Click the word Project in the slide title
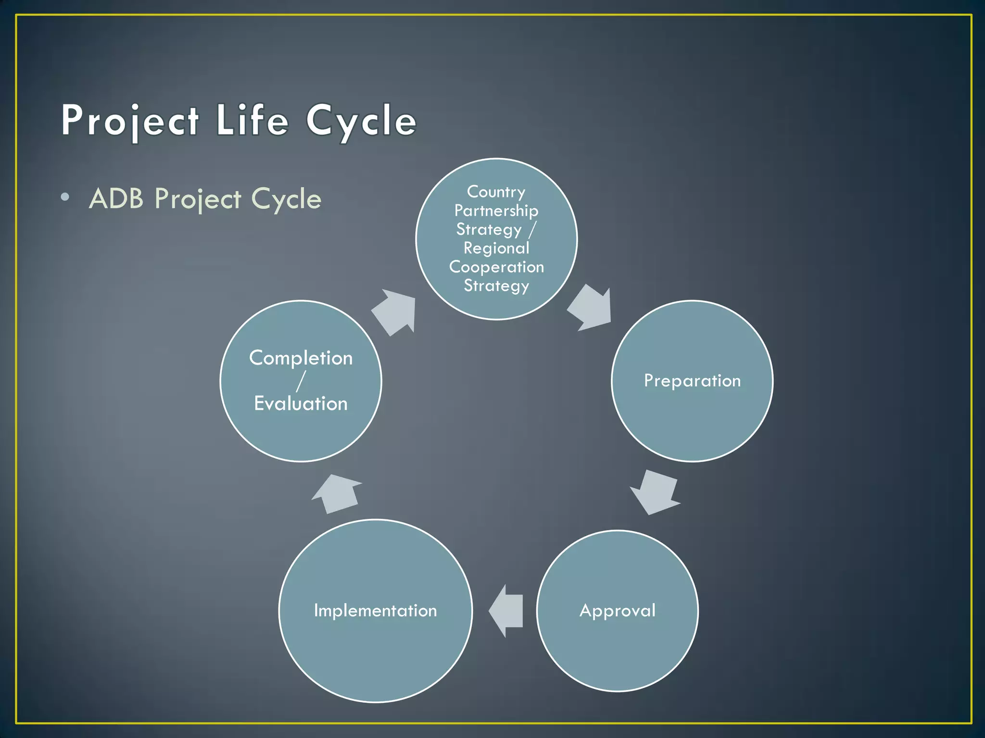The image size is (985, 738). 130,120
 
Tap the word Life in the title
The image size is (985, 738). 252,120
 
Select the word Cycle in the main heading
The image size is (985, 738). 361,120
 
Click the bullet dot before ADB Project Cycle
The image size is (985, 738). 65,197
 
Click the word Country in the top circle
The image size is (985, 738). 496,192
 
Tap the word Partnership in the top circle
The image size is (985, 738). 496,210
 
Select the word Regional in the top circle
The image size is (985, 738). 496,248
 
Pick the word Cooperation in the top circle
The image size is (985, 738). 496,267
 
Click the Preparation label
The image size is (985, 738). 692,381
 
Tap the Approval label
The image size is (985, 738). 617,610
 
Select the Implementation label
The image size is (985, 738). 375,610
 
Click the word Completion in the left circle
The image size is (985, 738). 301,358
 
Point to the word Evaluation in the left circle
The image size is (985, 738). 301,403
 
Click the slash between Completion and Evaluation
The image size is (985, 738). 301,381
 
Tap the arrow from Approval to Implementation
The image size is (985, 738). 507,611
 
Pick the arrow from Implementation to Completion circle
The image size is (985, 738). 337,494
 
